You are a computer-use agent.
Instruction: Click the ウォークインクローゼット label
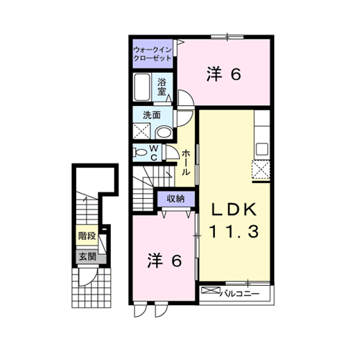(152, 54)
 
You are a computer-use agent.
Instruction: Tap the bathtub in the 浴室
(142, 87)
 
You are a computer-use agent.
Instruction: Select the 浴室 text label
(162, 86)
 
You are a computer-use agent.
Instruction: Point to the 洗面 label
(152, 115)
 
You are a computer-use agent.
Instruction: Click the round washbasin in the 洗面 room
(164, 132)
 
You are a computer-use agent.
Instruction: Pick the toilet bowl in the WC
(140, 152)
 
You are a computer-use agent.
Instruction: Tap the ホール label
(186, 163)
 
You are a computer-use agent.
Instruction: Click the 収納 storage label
(175, 199)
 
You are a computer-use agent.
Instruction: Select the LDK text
(234, 210)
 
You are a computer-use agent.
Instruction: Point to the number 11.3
(234, 231)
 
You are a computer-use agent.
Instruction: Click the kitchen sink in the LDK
(262, 149)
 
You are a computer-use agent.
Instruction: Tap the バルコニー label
(239, 294)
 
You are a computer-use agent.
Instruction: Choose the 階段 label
(87, 236)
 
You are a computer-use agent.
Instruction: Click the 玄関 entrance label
(88, 257)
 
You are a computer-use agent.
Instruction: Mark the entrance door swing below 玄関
(88, 277)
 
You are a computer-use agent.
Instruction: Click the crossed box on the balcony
(211, 290)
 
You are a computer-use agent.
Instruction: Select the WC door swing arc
(172, 152)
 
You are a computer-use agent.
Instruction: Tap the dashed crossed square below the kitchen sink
(261, 169)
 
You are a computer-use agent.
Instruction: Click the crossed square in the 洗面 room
(142, 131)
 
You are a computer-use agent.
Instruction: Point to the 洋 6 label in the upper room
(224, 74)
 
